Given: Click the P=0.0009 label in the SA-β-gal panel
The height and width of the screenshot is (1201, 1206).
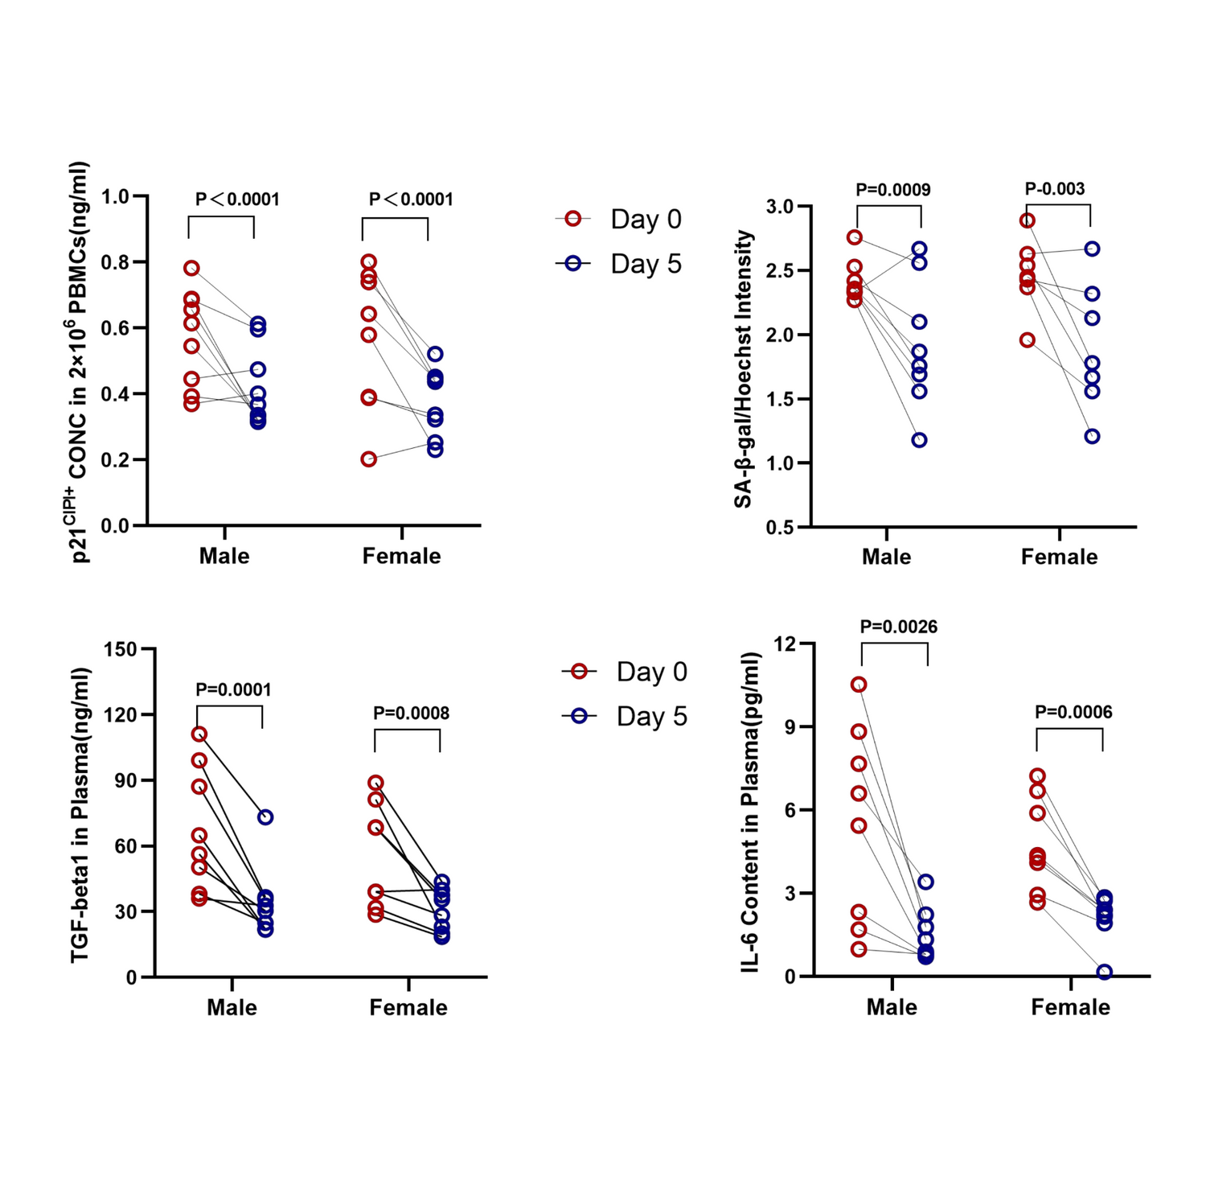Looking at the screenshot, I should tap(892, 190).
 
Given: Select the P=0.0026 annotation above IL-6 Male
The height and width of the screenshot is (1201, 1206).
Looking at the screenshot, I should tap(898, 627).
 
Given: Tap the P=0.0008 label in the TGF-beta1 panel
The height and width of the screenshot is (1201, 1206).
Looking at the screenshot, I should tap(411, 713).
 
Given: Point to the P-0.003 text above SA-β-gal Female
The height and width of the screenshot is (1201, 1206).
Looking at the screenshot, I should tap(1055, 189).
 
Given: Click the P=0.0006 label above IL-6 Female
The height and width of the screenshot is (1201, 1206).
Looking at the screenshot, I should tap(1073, 712).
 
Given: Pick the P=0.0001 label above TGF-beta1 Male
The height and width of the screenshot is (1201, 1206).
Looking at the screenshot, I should tap(233, 689).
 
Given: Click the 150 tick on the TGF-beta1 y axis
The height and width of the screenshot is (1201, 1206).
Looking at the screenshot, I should tap(121, 649).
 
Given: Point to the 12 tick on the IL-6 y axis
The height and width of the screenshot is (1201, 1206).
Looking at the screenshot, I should tap(784, 644).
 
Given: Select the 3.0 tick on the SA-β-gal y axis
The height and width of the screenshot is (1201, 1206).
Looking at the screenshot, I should tap(779, 207).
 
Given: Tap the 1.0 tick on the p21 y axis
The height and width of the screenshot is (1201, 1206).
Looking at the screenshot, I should tap(116, 196).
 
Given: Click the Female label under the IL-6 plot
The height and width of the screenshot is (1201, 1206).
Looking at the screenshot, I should tap(1070, 1007).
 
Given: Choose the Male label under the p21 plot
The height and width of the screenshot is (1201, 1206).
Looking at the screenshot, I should tap(224, 556).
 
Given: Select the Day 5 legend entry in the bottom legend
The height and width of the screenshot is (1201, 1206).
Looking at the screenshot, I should tap(625, 716).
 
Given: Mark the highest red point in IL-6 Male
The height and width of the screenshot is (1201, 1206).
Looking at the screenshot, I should tap(859, 685).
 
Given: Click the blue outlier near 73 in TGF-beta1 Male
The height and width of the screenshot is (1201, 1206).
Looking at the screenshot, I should tap(265, 817).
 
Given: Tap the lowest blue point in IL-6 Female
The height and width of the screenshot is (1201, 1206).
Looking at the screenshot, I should tap(1105, 972).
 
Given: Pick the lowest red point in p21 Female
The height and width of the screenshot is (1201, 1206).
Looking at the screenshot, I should tap(368, 459).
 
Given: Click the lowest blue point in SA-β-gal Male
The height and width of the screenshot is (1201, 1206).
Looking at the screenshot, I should tap(919, 440).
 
